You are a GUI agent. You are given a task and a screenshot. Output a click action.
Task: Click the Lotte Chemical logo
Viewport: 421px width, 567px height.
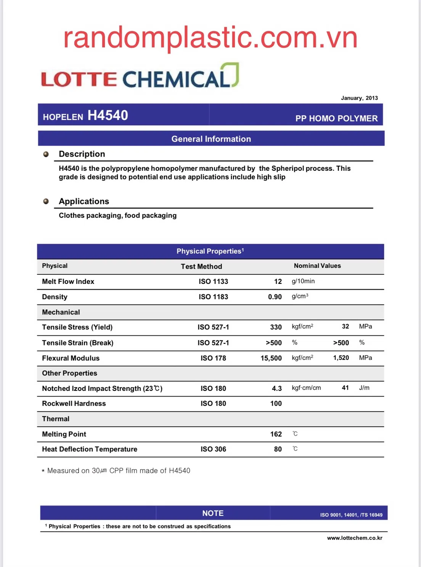point(140,77)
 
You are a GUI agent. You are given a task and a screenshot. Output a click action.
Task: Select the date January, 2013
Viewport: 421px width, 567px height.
point(359,98)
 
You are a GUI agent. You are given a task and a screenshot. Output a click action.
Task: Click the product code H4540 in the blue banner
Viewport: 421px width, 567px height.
point(108,115)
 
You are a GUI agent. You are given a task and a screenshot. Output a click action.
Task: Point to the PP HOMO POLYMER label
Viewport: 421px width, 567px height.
point(336,118)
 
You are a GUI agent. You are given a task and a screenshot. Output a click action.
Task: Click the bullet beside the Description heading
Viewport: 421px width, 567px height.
point(46,154)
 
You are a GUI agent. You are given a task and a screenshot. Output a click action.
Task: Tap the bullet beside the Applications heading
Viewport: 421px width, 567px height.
point(46,201)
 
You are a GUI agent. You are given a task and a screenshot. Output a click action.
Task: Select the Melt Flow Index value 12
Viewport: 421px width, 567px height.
point(278,282)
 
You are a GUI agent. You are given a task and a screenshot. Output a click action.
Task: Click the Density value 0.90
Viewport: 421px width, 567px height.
point(275,297)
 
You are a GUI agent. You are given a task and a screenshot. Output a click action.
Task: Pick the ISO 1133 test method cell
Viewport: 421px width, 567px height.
point(213,282)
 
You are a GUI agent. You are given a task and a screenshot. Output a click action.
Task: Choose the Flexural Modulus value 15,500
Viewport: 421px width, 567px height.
point(271,358)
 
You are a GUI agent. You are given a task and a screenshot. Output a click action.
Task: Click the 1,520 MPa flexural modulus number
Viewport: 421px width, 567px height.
point(341,358)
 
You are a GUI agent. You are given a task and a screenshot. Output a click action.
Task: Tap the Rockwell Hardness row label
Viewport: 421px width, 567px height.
point(74,403)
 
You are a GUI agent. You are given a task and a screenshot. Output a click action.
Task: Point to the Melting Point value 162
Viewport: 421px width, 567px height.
point(276,434)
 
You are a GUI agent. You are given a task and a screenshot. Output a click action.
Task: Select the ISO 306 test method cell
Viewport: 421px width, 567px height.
point(213,449)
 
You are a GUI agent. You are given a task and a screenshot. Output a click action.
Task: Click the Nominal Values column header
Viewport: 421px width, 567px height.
point(317,266)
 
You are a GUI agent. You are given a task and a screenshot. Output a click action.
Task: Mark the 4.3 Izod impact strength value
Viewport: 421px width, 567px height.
point(277,389)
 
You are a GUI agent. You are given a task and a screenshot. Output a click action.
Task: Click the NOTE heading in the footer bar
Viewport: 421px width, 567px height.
point(213,513)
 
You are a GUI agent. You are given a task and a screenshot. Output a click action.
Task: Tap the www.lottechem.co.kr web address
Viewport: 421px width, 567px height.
point(355,538)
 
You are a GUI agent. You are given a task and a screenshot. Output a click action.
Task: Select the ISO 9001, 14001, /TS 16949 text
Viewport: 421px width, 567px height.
point(351,515)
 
